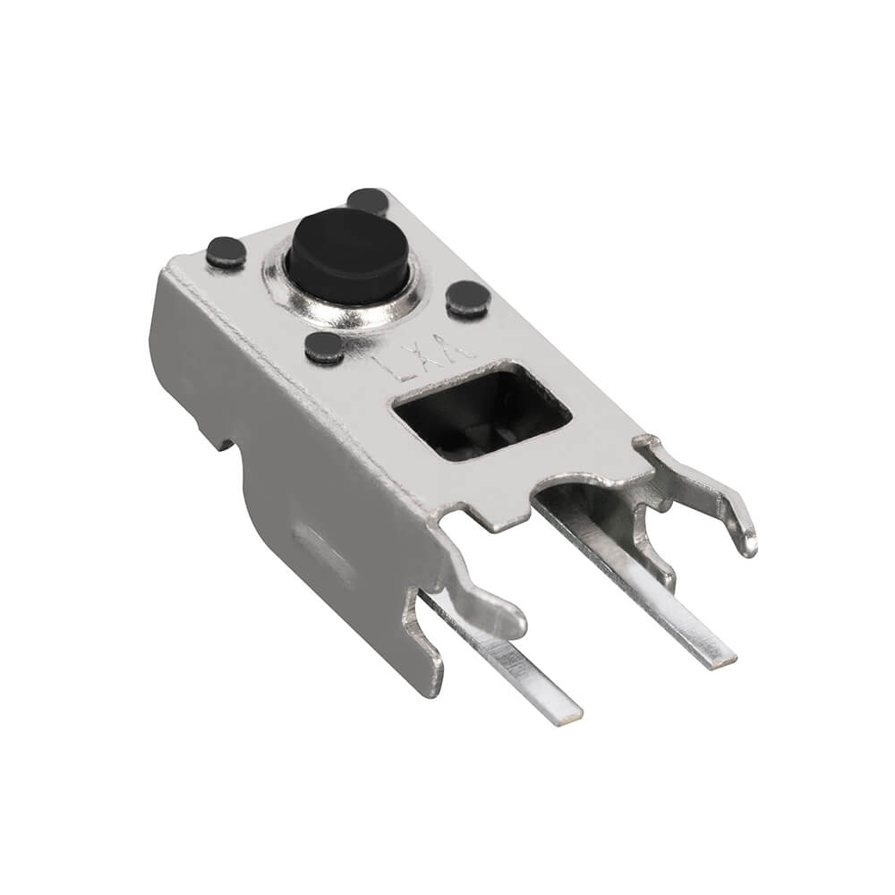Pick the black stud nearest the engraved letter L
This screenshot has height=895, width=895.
[x=323, y=347]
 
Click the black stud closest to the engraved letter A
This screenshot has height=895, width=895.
[x=467, y=298]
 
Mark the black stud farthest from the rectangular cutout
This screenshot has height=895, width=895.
[x=226, y=252]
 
